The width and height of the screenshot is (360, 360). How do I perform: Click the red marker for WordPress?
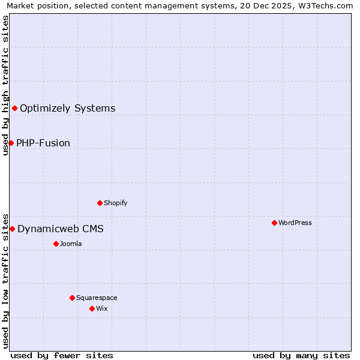274,223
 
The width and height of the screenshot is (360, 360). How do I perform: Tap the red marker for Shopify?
100,203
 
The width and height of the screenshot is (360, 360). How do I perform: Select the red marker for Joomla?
56,244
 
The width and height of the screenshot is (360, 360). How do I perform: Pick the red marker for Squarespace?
72,298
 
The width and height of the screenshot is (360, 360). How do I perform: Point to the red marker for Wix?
92,308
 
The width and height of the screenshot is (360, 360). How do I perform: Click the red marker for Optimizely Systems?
14,108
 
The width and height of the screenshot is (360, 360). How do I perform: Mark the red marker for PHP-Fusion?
11,143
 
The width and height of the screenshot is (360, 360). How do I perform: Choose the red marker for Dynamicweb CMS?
12,229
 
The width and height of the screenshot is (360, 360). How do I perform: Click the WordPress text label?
295,223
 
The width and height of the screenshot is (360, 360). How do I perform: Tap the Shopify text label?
116,203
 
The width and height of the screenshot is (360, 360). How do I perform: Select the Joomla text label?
71,244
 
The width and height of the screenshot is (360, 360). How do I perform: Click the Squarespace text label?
97,298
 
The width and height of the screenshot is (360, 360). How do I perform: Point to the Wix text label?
102,308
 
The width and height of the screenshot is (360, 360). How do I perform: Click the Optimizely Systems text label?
68,109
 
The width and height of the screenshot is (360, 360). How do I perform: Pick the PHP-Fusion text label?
43,143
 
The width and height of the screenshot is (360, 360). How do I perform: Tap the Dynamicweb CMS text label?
61,229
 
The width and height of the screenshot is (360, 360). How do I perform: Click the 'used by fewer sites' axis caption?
62,355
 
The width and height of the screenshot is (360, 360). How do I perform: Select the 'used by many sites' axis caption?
301,355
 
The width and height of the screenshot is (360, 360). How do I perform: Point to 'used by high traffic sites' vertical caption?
5,85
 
